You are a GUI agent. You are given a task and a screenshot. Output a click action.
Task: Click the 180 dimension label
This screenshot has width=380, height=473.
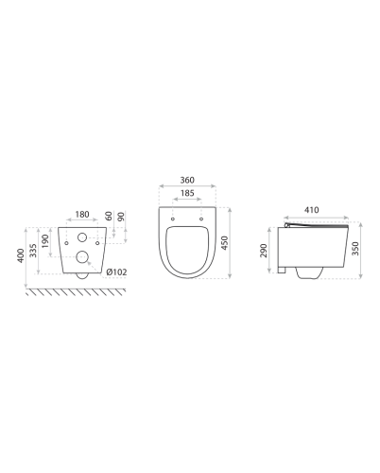pos(82,215)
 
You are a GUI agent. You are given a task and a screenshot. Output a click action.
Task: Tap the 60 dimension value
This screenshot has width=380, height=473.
pos(109,216)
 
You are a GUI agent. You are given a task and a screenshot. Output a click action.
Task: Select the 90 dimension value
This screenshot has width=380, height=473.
pos(121,217)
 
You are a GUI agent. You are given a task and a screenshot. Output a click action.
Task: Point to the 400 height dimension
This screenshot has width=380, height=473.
pos(21,255)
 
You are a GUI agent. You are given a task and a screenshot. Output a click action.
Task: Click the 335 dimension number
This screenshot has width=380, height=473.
pos(33,251)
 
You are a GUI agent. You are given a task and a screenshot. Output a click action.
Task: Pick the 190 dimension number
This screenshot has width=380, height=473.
pos(45,241)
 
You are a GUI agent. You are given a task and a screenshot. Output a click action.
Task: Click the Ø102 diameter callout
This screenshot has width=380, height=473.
pos(116,272)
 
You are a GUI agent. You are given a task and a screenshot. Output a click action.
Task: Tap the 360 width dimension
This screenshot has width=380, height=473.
pos(187,180)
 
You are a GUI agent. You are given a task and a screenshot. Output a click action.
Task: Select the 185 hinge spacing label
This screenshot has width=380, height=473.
pos(187,193)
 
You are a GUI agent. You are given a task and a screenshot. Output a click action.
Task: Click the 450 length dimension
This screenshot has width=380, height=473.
pos(224,243)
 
